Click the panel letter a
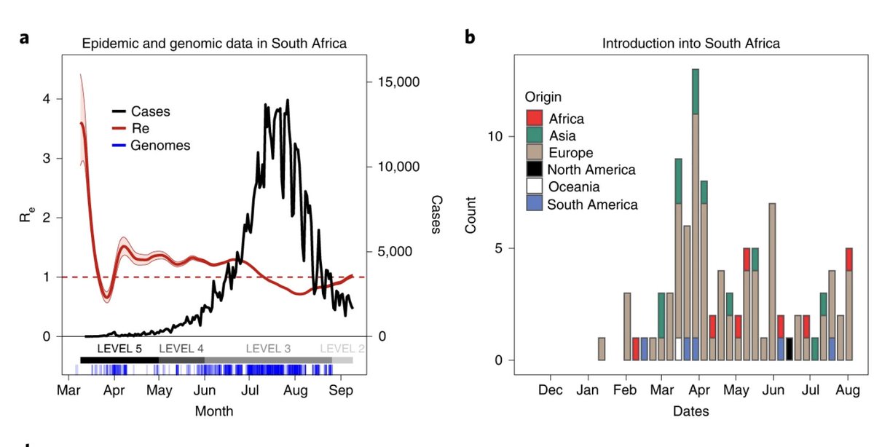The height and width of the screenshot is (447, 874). pyautogui.click(x=24, y=36)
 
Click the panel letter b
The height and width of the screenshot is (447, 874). pyautogui.click(x=471, y=36)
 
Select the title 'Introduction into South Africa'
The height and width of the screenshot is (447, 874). pyautogui.click(x=690, y=44)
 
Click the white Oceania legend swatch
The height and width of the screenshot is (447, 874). pyautogui.click(x=535, y=187)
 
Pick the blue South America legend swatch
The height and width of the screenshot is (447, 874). pyautogui.click(x=535, y=205)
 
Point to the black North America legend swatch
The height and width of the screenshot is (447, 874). pyautogui.click(x=535, y=170)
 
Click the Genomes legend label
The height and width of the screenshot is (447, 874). pyautogui.click(x=160, y=146)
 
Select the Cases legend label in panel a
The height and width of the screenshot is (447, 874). pyautogui.click(x=151, y=111)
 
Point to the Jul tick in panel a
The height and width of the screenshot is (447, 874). pyautogui.click(x=249, y=390)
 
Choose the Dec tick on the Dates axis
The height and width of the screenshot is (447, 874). pyautogui.click(x=551, y=390)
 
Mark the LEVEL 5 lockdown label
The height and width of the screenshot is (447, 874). pyautogui.click(x=119, y=349)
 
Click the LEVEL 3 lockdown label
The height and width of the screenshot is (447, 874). pyautogui.click(x=268, y=349)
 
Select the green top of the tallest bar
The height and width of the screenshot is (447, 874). pyautogui.click(x=696, y=91)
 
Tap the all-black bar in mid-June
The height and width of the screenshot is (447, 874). pyautogui.click(x=790, y=349)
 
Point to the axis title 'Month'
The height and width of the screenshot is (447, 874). pyautogui.click(x=214, y=411)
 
